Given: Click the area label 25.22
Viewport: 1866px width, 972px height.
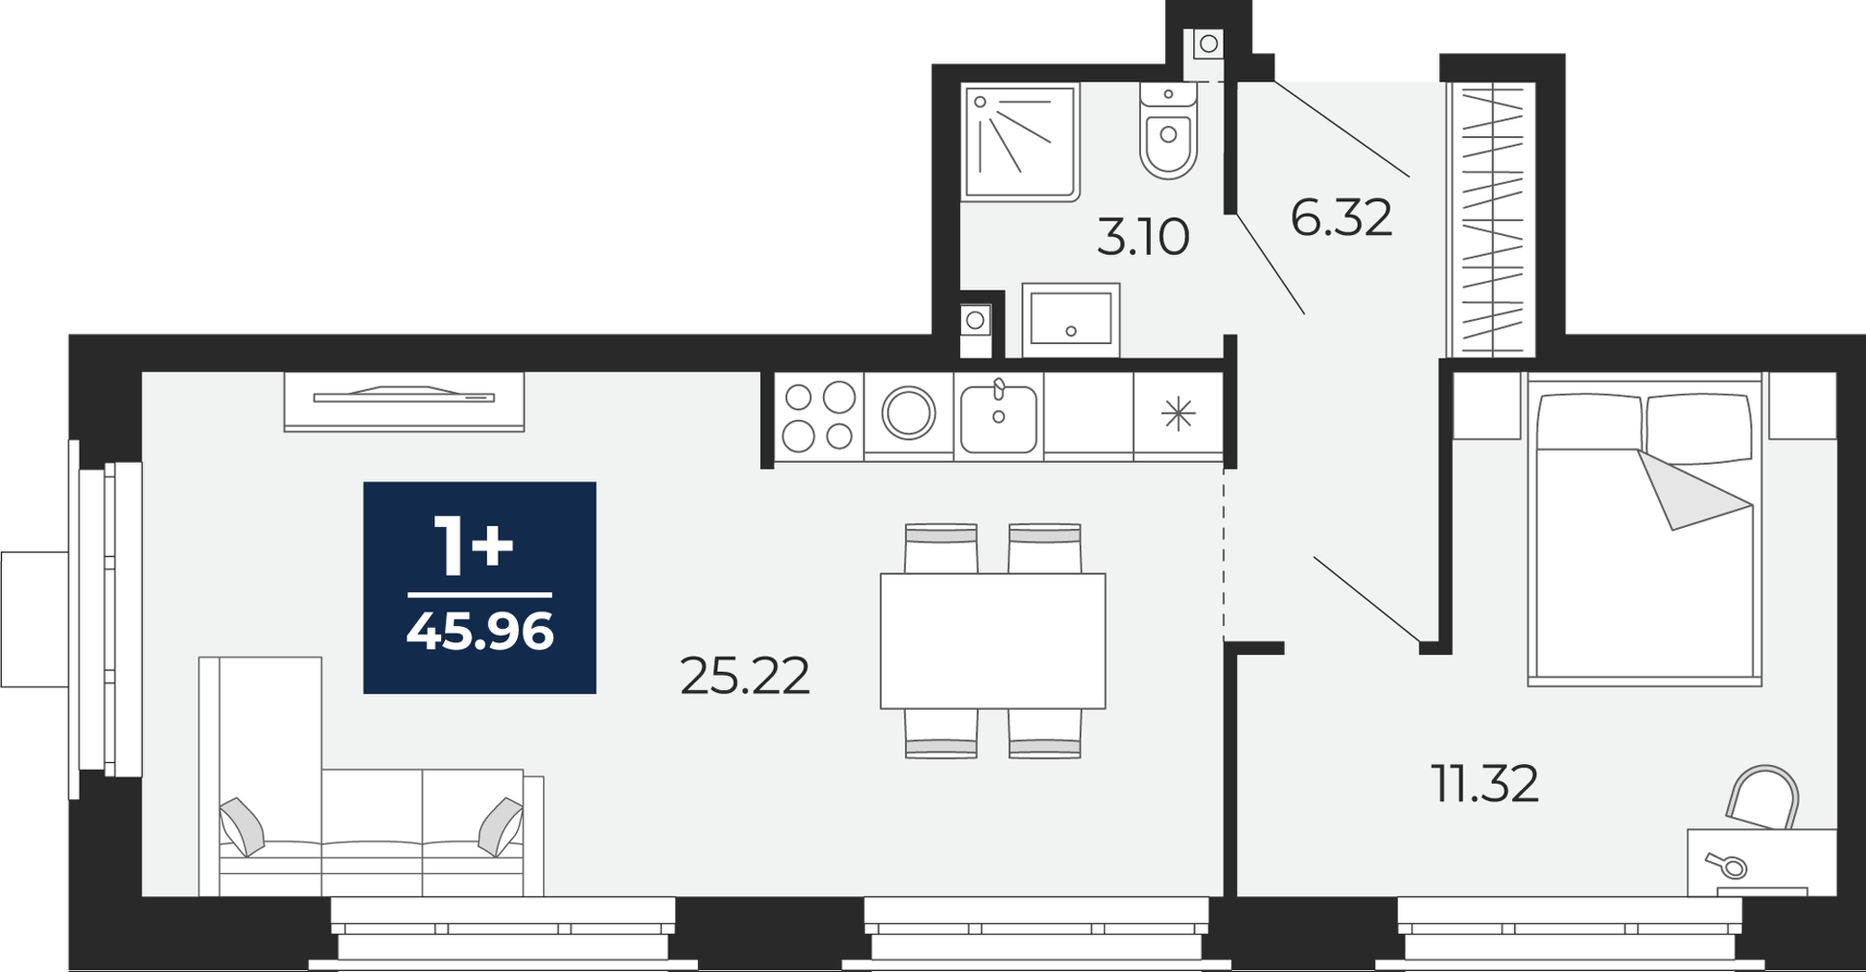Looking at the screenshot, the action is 745,677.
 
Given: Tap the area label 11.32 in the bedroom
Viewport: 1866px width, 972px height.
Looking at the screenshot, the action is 1485,784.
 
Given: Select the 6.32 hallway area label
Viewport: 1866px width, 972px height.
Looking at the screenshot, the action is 1341,218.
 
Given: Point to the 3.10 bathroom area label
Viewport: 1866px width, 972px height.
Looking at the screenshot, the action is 1143,239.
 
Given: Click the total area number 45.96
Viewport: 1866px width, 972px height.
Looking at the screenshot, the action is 480,631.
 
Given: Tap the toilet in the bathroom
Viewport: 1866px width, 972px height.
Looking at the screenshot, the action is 1168,132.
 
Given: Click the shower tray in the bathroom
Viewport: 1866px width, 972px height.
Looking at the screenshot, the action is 1021,141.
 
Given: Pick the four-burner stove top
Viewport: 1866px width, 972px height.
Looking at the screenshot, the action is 819,417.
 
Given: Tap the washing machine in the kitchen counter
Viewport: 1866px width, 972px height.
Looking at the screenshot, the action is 909,415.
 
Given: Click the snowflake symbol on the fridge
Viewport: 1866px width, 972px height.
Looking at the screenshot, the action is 1178,414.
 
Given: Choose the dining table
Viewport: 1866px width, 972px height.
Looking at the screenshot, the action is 992,640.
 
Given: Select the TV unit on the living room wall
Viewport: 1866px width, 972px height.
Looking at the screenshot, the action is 403,401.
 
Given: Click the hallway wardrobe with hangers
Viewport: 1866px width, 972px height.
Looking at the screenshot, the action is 1491,219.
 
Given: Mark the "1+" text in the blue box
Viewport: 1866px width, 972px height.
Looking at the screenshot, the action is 474,546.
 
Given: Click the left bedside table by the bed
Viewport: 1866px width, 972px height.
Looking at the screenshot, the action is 1486,406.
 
